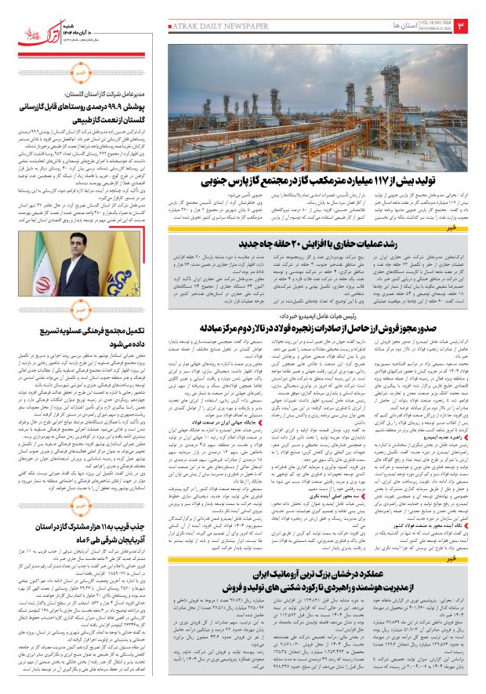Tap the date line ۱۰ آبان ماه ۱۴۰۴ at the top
tap(94, 17)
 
